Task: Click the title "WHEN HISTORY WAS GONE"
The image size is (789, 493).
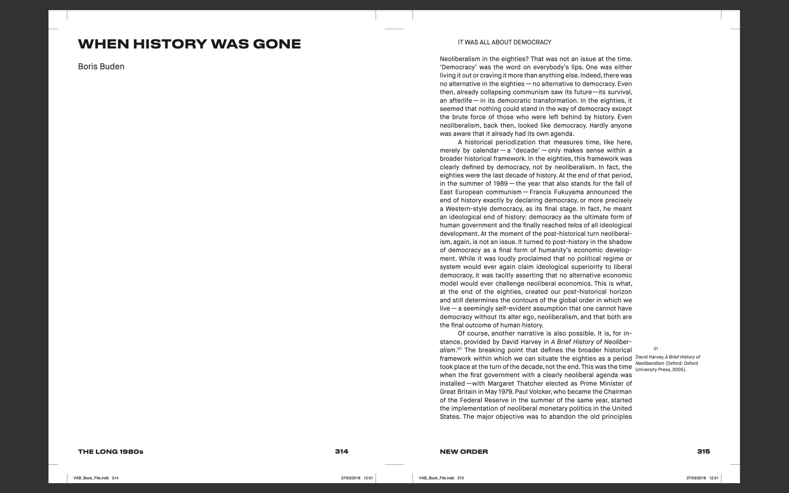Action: pos(189,44)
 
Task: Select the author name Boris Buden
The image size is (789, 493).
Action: pos(101,67)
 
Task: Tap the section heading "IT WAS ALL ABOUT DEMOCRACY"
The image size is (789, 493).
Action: pos(505,42)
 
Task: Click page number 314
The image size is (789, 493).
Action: pos(341,452)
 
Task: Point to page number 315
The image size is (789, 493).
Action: pos(703,452)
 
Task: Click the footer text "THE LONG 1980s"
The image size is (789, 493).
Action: pos(111,452)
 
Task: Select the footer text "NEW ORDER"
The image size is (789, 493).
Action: pos(464,452)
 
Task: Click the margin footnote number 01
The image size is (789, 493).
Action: pos(656,349)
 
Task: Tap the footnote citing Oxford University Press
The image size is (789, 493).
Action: pos(667,363)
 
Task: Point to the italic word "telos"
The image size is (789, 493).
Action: pos(574,226)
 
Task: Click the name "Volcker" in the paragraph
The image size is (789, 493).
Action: pos(530,392)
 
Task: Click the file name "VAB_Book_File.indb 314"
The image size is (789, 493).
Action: pos(96,478)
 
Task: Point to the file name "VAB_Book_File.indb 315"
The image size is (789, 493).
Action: pos(441,478)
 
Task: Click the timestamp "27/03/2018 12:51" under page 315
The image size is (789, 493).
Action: pos(702,478)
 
